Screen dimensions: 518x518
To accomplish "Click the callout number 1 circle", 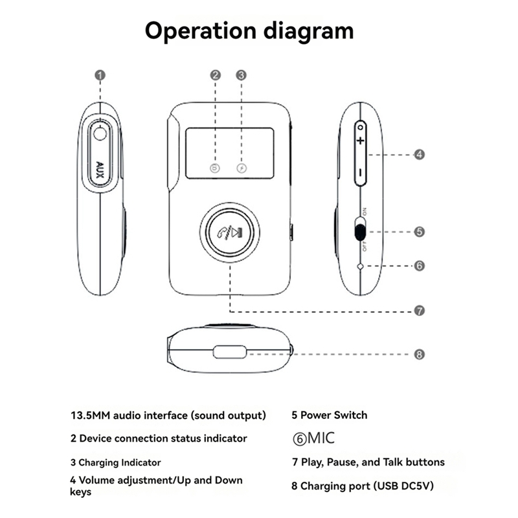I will tap(100, 75).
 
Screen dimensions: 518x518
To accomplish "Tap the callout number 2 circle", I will tap(216, 75).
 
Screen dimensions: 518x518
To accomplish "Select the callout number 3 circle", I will tap(241, 75).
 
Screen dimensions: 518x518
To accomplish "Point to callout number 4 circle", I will tap(420, 155).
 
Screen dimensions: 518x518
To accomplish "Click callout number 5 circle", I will tap(420, 231).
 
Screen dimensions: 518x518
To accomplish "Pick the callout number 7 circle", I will tap(420, 311).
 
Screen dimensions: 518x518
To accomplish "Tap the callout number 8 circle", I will tap(420, 354).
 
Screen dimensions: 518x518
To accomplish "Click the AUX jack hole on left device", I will tap(100, 134).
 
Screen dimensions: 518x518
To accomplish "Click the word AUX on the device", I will tap(100, 168).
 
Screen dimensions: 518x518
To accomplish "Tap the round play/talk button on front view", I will tap(230, 234).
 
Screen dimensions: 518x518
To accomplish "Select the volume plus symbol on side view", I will tap(361, 141).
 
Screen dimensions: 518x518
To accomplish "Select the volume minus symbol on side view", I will tap(361, 173).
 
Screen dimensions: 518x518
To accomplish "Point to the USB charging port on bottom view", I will tap(230, 353).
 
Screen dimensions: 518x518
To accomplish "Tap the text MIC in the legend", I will tap(321, 438).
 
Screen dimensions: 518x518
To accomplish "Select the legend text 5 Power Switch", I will tap(330, 415).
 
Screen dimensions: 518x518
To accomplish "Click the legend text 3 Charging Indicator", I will tap(116, 462).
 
